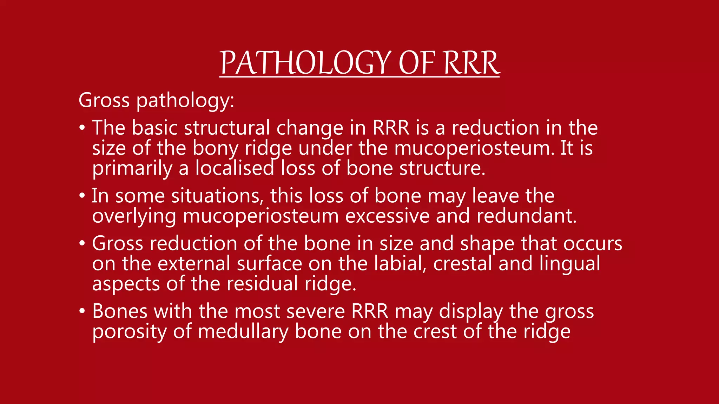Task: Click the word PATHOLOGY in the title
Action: click(305, 63)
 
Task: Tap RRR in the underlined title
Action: click(471, 63)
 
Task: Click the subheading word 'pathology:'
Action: click(185, 101)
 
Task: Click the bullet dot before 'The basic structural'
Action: click(82, 128)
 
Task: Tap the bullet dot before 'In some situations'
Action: click(82, 196)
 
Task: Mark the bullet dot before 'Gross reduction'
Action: click(82, 243)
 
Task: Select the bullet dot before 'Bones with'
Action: click(82, 311)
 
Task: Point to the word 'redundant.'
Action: click(527, 216)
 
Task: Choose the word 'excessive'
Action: click(387, 216)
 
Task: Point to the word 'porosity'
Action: click(129, 332)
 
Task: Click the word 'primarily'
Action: click(132, 168)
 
